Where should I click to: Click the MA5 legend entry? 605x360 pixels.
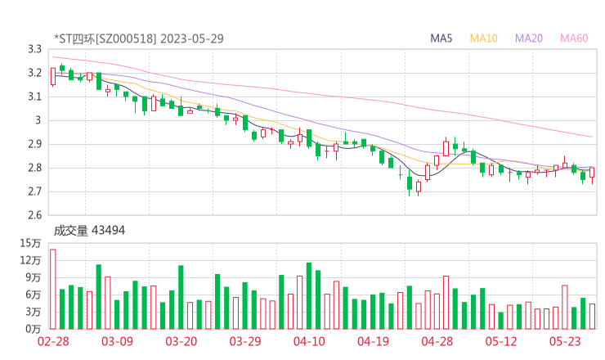pos(441,38)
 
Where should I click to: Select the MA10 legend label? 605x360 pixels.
pos(484,38)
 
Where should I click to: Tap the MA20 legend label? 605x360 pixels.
pos(529,38)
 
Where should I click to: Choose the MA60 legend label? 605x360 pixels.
pos(574,38)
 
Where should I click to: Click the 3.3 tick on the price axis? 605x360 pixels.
pos(34,49)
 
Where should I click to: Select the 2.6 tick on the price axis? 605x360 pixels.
pos(34,215)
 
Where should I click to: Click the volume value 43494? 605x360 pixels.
pos(108,231)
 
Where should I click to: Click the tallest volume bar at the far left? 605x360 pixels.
pos(53,289)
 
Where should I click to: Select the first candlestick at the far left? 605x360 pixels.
pos(53,76)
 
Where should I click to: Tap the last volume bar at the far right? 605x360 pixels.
pos(592,316)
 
